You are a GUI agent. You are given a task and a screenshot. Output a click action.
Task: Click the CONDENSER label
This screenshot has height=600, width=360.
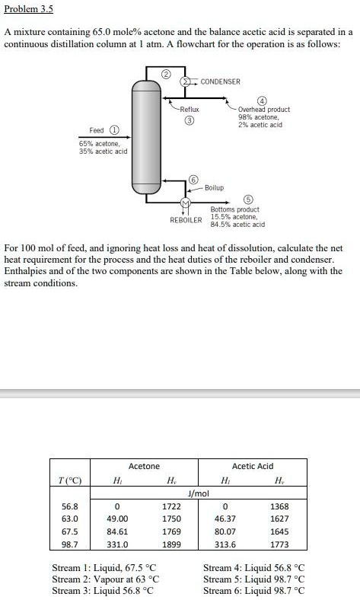(x=220, y=81)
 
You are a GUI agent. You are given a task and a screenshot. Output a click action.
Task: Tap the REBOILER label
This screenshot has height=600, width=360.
(x=186, y=219)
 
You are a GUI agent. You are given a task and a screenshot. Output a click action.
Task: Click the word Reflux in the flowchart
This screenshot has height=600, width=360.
(x=189, y=110)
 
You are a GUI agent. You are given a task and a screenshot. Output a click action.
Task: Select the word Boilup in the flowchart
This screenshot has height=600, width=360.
(x=214, y=187)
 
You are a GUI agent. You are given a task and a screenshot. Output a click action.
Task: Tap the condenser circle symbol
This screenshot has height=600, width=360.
(x=185, y=81)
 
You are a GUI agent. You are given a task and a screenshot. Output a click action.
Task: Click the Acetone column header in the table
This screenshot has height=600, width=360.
(x=144, y=466)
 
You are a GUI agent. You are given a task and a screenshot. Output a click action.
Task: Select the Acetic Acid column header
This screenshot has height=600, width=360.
(x=252, y=466)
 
